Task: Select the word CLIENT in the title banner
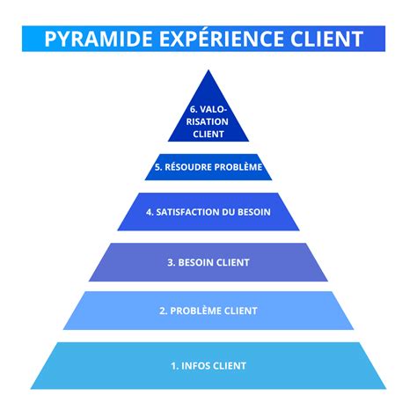pos(324,40)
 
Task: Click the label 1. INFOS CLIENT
pos(208,365)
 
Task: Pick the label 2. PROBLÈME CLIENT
pos(208,311)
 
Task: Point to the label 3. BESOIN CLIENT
pos(208,262)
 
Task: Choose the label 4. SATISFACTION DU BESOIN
pos(208,212)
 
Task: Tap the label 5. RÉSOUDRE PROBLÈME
pos(208,166)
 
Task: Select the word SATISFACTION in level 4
pos(196,212)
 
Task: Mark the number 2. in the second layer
pos(164,311)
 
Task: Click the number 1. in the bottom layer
pos(175,365)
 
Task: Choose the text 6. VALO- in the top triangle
pos(208,110)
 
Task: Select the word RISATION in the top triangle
pos(208,122)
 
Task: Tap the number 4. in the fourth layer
pos(150,212)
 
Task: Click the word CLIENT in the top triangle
pos(208,135)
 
